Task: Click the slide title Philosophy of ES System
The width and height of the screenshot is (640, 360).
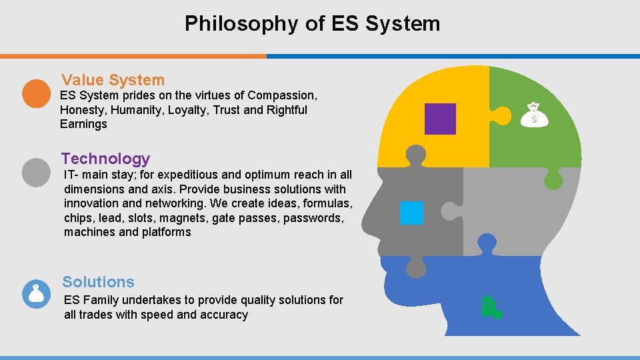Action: pos(312,24)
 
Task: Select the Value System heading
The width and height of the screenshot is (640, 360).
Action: pos(113,80)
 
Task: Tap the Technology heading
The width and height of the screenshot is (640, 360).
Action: pos(106,159)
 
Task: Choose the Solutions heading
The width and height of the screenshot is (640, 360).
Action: pos(99,282)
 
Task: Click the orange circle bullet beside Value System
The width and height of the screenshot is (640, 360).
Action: pos(36,93)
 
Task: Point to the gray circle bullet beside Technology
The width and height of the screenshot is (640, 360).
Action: pos(36,172)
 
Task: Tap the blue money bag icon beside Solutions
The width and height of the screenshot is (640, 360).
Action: pos(36,294)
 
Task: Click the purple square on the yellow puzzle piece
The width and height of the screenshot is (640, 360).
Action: pos(440,119)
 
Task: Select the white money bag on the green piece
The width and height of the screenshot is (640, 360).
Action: pos(534,115)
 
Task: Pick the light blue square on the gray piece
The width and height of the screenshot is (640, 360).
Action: pos(411,213)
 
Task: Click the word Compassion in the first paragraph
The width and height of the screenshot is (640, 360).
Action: pos(280,95)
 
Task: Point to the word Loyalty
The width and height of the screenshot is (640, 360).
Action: pos(186,110)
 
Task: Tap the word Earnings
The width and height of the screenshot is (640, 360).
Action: pos(83,125)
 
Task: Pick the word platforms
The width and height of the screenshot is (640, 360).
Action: pos(167,233)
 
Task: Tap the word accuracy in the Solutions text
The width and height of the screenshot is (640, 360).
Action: pos(223,315)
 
